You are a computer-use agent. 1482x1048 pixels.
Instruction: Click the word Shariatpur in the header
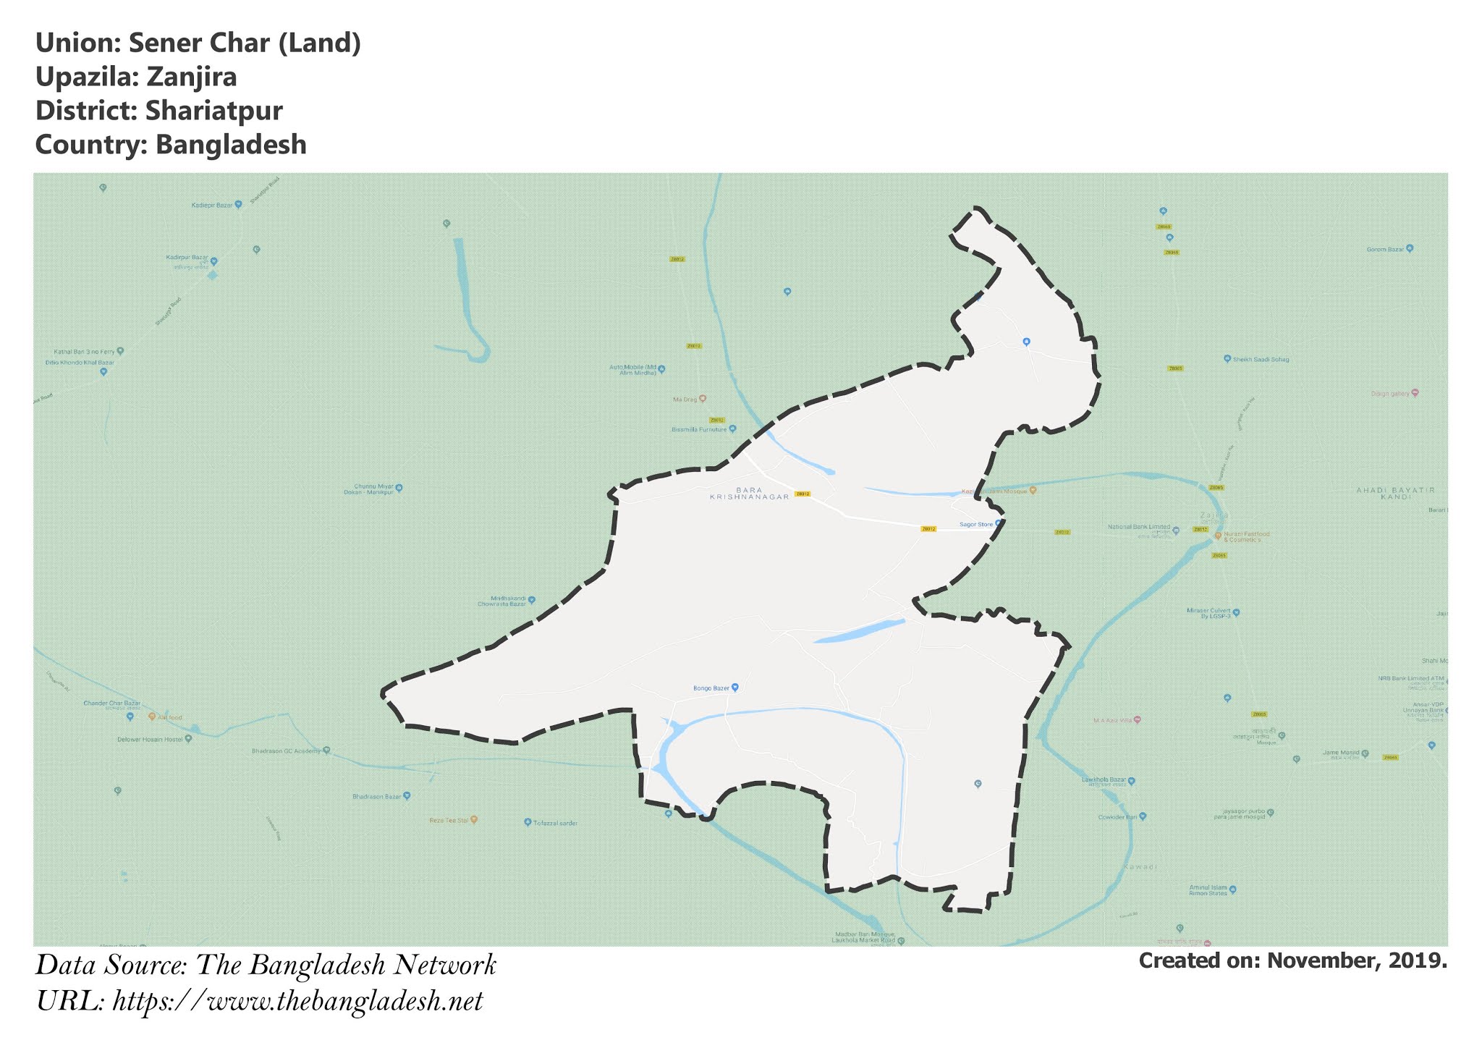(213, 111)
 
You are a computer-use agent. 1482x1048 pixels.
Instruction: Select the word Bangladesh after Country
(231, 145)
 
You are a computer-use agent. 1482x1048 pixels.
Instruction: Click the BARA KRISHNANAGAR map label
(748, 494)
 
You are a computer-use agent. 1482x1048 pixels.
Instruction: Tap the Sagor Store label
(976, 524)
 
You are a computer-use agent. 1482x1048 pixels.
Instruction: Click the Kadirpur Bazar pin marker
(213, 261)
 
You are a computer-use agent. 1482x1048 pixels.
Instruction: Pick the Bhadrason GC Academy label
(286, 751)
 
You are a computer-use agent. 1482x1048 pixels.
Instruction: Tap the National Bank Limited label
(1139, 528)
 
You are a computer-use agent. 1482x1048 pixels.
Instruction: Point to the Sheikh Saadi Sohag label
(1261, 359)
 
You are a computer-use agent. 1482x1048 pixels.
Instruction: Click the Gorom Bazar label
(1385, 249)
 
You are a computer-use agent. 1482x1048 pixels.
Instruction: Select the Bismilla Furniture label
(698, 429)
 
